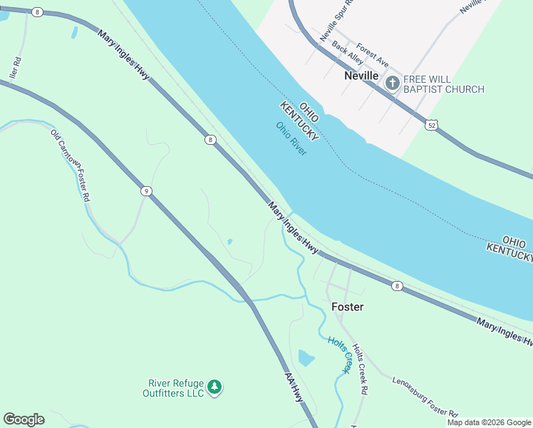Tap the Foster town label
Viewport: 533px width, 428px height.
point(348,307)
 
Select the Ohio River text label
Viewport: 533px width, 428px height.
point(291,139)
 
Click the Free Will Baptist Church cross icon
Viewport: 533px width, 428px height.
point(392,83)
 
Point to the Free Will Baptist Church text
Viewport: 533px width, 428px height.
point(444,84)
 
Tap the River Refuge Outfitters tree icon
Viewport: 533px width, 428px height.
point(214,387)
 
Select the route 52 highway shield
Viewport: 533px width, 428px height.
point(432,125)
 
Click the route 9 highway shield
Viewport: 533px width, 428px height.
point(146,190)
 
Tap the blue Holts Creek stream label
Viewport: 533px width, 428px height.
point(340,355)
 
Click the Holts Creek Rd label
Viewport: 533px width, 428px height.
point(358,368)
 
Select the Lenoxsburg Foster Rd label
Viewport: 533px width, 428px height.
point(425,395)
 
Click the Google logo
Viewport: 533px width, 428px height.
point(24,419)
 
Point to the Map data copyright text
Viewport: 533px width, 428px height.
point(489,422)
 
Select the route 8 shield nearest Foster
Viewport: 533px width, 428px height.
point(397,286)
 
